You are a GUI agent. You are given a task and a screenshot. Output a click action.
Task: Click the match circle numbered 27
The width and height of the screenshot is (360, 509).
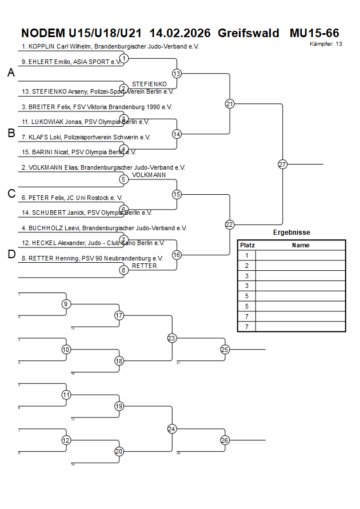[x=282, y=165]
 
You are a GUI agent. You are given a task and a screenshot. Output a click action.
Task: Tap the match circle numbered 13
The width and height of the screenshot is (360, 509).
[x=177, y=74]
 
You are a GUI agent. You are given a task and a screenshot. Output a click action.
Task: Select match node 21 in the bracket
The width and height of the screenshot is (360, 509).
[x=230, y=104]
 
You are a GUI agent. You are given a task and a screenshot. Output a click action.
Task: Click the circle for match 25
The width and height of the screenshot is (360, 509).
[x=225, y=349]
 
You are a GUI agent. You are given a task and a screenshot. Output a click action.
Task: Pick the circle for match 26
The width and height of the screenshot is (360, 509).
[x=225, y=440]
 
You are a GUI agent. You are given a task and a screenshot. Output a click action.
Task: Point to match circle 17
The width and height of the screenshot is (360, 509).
[x=119, y=315]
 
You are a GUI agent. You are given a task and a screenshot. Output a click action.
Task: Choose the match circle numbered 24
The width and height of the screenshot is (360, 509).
[x=172, y=428]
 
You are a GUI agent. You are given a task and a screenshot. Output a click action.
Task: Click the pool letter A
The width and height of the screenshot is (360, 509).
[x=11, y=73]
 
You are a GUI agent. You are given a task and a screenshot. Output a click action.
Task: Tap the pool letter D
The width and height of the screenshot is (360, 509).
[x=11, y=254]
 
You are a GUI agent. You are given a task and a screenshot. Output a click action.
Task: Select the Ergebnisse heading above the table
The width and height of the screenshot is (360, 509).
[x=291, y=233]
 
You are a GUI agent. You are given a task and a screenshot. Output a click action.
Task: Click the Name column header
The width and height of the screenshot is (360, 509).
[x=300, y=245]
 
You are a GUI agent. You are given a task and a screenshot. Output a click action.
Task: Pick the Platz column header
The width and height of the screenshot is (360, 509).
[x=247, y=245]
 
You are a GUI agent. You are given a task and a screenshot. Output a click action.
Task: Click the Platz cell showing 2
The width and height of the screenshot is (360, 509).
[x=247, y=266]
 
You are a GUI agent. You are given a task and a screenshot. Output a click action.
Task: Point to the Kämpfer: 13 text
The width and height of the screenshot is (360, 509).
[x=326, y=44]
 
